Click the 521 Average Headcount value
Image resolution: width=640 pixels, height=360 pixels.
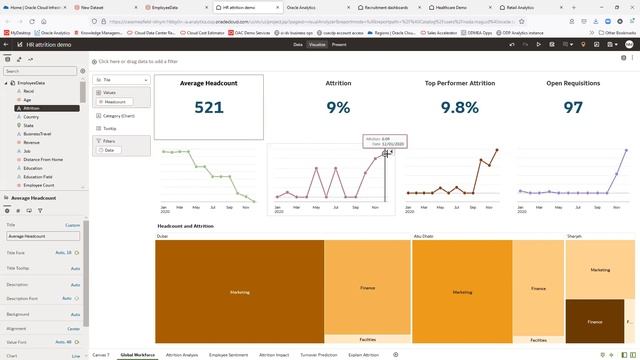[209, 107]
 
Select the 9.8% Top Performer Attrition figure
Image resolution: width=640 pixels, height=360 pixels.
[459, 107]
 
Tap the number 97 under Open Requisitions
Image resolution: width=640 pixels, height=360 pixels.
[573, 107]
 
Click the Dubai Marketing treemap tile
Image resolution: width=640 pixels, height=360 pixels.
[240, 292]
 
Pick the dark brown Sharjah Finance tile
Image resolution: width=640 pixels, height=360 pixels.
[595, 321]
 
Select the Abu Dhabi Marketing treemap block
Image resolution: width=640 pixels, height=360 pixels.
[461, 292]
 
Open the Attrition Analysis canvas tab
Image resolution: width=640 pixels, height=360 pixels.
[182, 354]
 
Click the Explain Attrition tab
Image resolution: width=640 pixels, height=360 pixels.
[363, 354]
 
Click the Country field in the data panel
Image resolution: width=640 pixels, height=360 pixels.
[32, 116]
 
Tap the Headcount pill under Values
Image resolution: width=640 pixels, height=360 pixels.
[115, 102]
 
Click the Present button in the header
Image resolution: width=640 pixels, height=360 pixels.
[339, 44]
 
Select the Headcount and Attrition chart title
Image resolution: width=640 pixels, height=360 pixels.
[186, 227]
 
